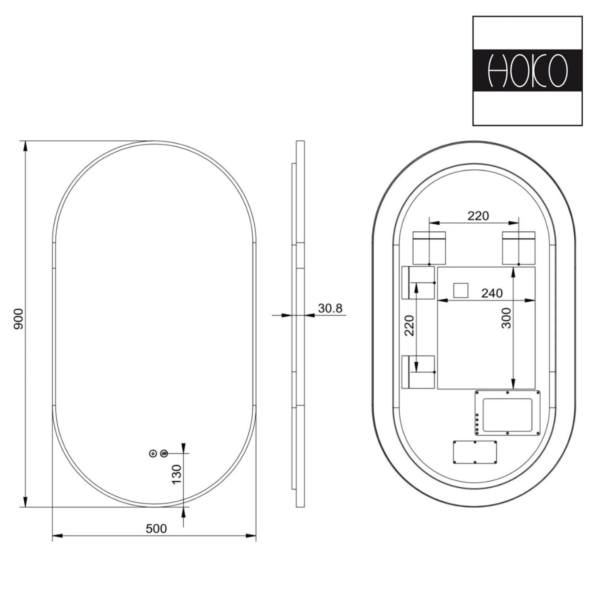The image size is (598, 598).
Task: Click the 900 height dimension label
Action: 18,319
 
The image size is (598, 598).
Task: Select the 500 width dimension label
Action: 156,528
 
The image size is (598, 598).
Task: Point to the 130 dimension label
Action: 177,474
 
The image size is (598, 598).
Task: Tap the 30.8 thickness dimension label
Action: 330,308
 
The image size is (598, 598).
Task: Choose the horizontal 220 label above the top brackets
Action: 478,216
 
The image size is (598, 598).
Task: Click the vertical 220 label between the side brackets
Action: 409,325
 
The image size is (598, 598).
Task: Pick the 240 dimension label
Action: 492,293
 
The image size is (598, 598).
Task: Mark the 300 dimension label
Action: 507,319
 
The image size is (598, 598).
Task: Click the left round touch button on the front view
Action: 153,454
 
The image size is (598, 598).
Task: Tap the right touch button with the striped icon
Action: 164,454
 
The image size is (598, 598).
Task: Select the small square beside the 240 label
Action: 461,290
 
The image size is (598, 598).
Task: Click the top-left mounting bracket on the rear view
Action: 429,248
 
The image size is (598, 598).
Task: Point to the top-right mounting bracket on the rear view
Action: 519,248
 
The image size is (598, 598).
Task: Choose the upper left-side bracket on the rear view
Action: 418,283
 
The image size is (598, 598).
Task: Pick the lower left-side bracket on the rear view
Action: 418,372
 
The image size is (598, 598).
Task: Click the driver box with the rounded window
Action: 508,413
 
